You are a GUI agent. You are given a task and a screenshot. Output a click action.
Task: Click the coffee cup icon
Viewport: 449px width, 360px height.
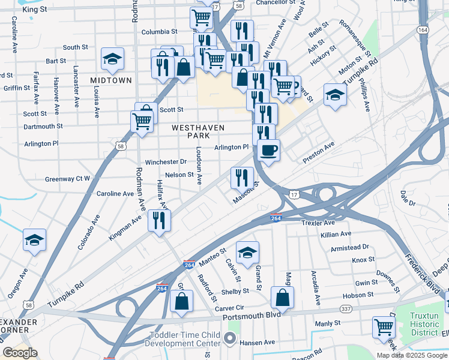(268, 151)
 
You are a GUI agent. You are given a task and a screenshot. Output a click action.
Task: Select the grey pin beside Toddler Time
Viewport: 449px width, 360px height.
(230, 339)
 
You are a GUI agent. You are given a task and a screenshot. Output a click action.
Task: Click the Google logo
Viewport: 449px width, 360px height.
(20, 353)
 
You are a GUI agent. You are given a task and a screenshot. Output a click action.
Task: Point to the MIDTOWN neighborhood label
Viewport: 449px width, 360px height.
(111, 80)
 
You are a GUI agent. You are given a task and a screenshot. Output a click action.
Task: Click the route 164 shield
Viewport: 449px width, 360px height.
(424, 29)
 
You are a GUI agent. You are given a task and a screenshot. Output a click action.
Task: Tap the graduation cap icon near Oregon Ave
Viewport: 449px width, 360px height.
(35, 240)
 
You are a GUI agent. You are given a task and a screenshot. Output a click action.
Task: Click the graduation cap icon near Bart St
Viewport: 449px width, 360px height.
(112, 59)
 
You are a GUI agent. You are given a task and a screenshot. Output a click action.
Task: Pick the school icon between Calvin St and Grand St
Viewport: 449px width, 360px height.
(247, 253)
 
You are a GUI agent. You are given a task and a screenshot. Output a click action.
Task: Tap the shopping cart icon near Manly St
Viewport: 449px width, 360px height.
(384, 328)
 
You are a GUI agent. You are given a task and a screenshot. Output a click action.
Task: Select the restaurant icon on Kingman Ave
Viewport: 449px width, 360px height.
(159, 220)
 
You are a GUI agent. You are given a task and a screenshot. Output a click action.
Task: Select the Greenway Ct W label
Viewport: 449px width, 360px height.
(68, 179)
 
